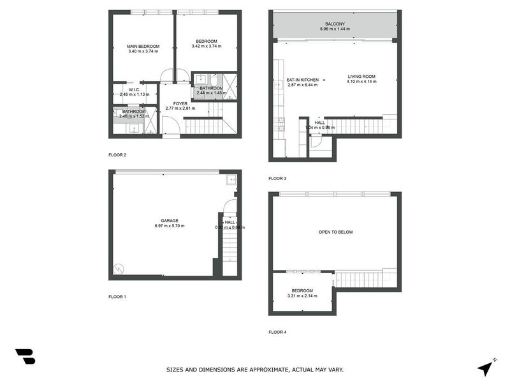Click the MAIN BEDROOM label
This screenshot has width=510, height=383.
coord(143,46)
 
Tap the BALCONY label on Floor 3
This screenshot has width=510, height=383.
coord(335,24)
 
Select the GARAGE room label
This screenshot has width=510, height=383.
coord(161,220)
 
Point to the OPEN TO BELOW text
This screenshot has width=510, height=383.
coord(335,232)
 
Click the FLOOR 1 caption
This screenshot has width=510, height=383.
coord(117,296)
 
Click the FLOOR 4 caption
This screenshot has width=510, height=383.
coord(278,332)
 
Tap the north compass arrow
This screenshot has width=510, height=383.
coord(486,368)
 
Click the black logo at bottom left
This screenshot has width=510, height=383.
coord(25,357)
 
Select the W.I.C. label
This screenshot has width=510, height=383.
coord(134,90)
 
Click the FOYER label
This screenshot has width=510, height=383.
coord(180,103)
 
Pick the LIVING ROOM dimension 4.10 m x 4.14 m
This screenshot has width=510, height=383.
coord(361,82)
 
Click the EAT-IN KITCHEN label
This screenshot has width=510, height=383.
coord(302,80)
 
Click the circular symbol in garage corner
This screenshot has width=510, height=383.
coord(117,269)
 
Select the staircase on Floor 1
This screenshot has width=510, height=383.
coord(230,246)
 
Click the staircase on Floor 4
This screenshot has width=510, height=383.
coord(358,279)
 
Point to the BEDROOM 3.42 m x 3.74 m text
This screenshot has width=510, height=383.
coord(207,46)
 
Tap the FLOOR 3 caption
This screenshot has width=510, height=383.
coord(278,178)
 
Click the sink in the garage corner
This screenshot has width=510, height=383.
coord(231,180)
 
